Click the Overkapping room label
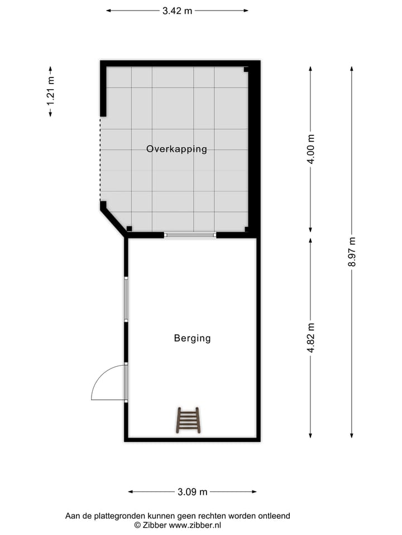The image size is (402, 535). pos(176,149)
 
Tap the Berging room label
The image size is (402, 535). pos(192,338)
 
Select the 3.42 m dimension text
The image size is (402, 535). pos(177,11)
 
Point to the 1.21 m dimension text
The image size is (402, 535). pos(50,92)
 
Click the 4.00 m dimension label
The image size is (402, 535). pos(311,149)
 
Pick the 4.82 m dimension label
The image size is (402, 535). pos(311,338)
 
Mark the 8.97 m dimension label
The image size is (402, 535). pos(352,252)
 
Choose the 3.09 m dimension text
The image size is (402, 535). pos(192,492)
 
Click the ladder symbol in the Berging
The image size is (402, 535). pos(188,420)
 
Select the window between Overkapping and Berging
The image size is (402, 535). pos(190,235)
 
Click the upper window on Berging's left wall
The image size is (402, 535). pos(126,299)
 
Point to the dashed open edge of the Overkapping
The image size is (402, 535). pos(100,159)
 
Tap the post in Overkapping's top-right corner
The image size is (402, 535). pos(246,70)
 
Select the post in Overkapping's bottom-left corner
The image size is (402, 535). pos(129,228)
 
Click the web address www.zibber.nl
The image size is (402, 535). pos(195,525)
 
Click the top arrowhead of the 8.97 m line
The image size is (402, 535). pos(352,69)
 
